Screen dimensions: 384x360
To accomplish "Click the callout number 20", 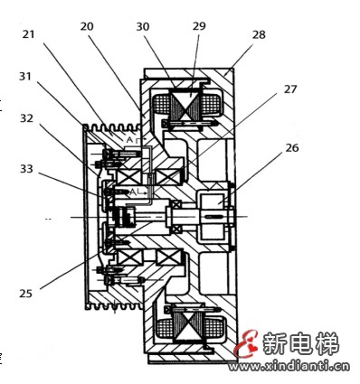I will [x=87, y=28].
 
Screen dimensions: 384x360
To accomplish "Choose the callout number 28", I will [x=259, y=34].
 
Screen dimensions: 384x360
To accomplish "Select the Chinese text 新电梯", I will [x=299, y=343].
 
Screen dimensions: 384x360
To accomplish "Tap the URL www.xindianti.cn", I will [x=298, y=368].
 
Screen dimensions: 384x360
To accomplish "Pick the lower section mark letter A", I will [x=132, y=192].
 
